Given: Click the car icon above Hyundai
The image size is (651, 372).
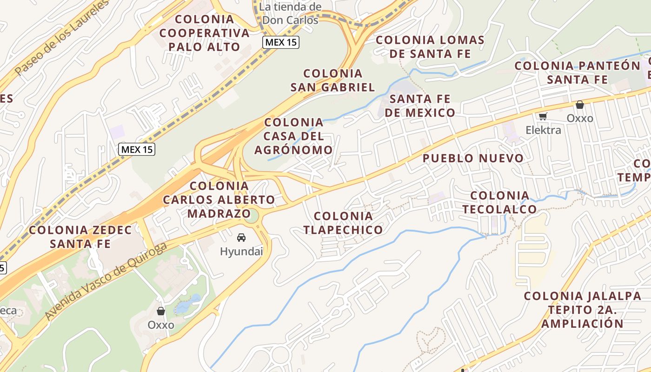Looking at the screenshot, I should click(241, 238).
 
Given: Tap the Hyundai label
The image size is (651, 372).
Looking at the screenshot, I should click(241, 252).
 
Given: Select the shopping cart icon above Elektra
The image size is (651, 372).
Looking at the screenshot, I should click(543, 116).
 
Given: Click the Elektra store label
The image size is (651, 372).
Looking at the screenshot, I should click(543, 130).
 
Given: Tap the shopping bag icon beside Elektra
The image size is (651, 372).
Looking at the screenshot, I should click(579, 105).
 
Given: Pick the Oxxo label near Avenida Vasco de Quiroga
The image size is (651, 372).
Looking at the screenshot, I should click(161, 325).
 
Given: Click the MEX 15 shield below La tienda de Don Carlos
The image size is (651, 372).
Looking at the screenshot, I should click(280, 42).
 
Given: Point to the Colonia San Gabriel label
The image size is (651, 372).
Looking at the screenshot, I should click(332, 80).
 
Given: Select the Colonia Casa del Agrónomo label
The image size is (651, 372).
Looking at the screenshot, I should click(293, 136).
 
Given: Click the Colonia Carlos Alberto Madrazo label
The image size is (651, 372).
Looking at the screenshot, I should click(219, 199).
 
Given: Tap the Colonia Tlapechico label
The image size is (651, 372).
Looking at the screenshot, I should click(343, 222).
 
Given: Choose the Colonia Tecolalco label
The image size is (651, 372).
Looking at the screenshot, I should click(500, 202).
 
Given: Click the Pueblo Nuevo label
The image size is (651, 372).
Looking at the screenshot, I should click(473, 158).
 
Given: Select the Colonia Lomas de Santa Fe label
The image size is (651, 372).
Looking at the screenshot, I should click(430, 46).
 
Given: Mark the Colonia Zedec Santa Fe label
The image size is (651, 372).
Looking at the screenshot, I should click(80, 236).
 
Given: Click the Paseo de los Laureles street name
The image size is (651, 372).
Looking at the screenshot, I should click(61, 39).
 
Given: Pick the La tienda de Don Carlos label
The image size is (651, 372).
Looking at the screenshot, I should click(290, 13).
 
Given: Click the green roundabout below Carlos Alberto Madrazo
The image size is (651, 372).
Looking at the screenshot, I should click(252, 216).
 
